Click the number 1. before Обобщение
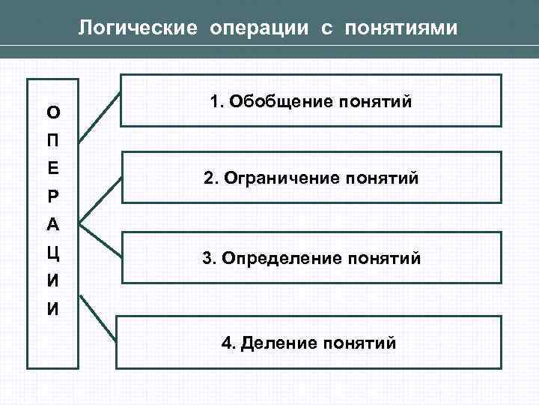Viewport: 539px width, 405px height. click(x=217, y=101)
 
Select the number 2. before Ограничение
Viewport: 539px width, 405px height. click(x=210, y=179)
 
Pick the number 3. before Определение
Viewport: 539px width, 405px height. click(x=209, y=259)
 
